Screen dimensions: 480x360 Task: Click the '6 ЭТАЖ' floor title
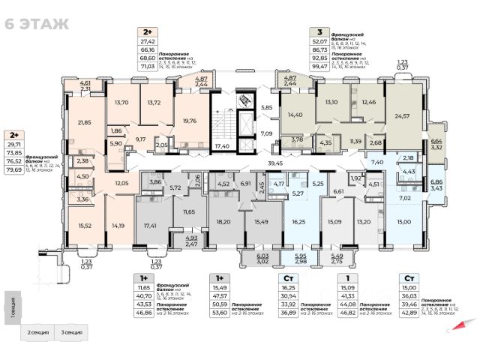(x=37, y=23)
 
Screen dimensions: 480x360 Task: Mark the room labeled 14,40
(x=294, y=115)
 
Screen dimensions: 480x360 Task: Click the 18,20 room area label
(x=222, y=222)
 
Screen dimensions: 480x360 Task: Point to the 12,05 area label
(x=122, y=182)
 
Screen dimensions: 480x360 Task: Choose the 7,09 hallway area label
(x=266, y=133)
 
